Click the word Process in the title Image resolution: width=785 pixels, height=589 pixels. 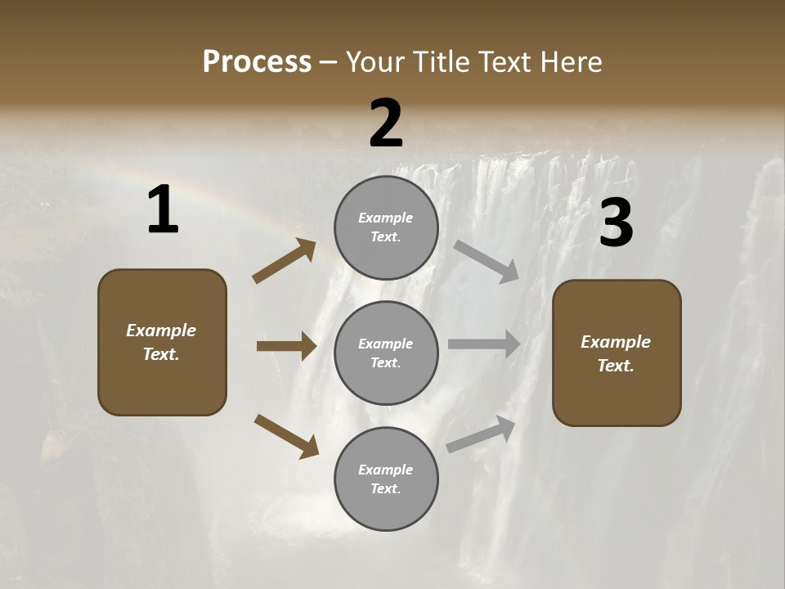(257, 62)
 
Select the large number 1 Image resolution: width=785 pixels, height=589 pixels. (163, 210)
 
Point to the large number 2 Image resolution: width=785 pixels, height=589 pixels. (386, 124)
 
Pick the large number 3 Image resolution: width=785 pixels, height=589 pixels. (617, 223)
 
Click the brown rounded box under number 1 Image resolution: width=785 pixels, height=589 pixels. (162, 342)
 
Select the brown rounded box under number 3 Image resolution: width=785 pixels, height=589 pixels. (617, 353)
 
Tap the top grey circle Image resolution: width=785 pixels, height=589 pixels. (386, 227)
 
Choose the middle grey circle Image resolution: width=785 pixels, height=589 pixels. (386, 353)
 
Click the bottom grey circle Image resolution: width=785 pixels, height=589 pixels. (386, 479)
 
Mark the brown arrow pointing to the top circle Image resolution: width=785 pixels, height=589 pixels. (285, 261)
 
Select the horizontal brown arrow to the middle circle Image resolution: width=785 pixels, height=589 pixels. (286, 346)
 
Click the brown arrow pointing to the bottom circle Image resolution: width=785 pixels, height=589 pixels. (286, 436)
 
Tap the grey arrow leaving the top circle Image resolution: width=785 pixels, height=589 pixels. (487, 261)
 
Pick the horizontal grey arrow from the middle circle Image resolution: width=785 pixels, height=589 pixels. (484, 344)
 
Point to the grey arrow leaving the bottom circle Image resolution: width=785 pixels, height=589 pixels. (481, 434)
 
